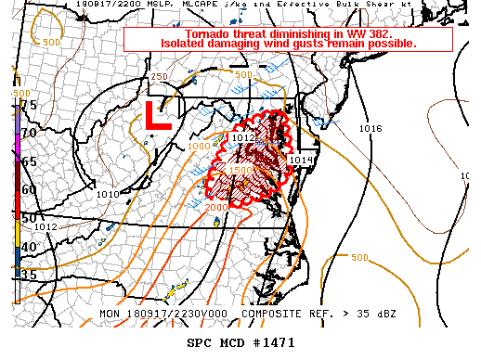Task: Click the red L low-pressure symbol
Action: click(x=159, y=117)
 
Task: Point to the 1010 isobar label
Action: click(x=108, y=194)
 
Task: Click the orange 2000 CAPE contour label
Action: click(x=216, y=208)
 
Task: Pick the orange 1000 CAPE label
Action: click(x=198, y=146)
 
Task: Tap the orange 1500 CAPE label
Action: click(x=240, y=171)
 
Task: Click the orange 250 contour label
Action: click(x=159, y=77)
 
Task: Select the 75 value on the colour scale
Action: click(x=29, y=106)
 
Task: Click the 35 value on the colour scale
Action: click(x=29, y=275)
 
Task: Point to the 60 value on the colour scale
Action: click(x=29, y=190)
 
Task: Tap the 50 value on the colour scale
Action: click(x=29, y=218)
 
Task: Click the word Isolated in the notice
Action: click(x=187, y=44)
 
